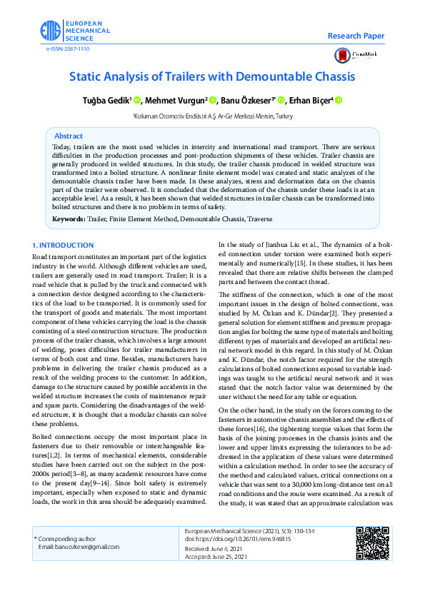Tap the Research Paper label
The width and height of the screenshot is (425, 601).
[x=356, y=36]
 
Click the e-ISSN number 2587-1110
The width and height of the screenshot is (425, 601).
[x=68, y=49]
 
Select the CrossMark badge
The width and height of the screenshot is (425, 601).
[x=355, y=55]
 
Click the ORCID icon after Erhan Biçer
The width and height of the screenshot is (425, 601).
[x=339, y=101]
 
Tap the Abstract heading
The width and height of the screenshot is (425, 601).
[x=69, y=136]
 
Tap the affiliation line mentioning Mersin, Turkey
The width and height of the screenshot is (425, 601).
[x=213, y=116]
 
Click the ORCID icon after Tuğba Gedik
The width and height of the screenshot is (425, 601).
[x=136, y=101]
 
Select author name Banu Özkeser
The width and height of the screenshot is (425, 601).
[x=247, y=101]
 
